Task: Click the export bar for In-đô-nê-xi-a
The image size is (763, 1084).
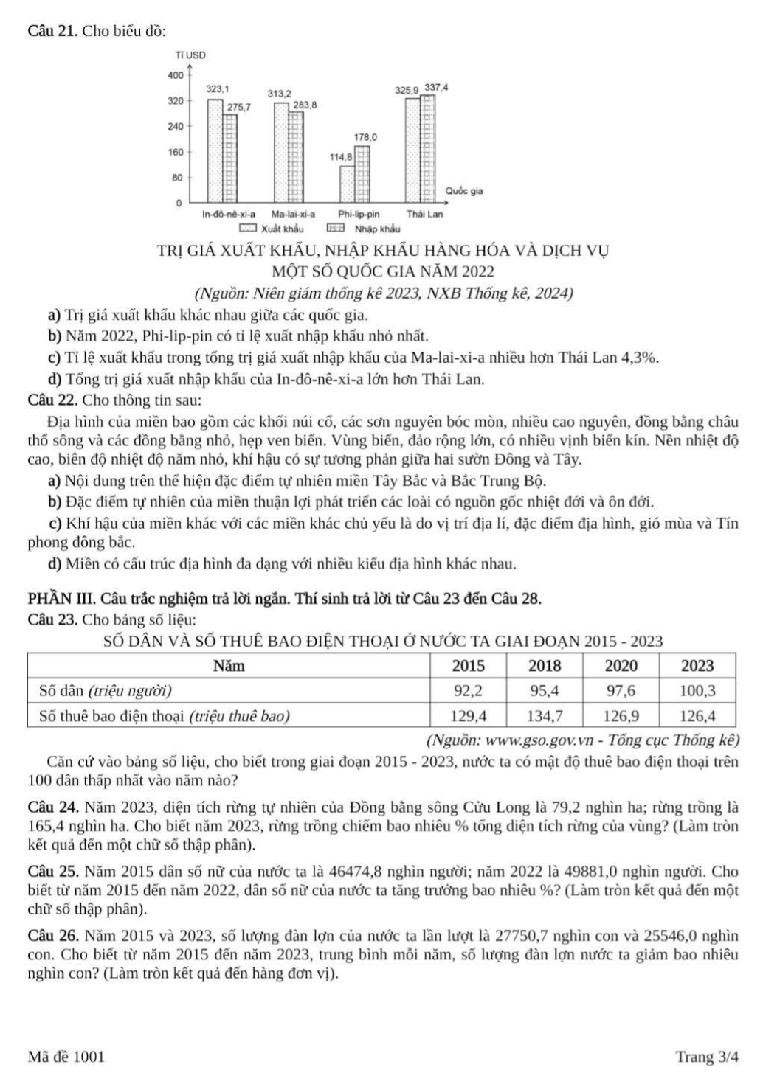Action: (215, 150)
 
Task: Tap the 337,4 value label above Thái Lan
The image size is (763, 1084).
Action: (437, 87)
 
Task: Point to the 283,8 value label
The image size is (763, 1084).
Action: (304, 105)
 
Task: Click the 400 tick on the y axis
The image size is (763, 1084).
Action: (175, 75)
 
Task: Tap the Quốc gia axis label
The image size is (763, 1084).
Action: (463, 191)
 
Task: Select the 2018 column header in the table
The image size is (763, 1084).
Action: (545, 666)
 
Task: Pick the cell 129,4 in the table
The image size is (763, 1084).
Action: (469, 715)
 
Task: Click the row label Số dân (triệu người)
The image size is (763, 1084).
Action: (106, 691)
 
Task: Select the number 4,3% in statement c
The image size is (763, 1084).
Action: (641, 358)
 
